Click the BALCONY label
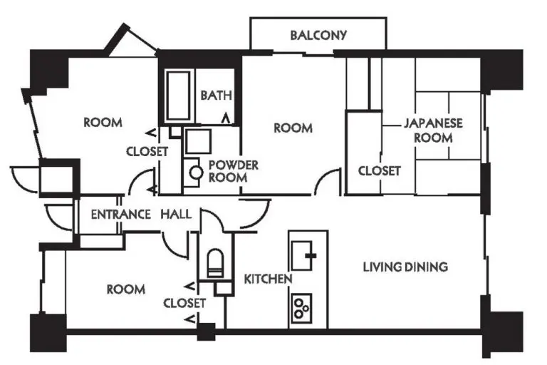click(318, 35)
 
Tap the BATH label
click(217, 95)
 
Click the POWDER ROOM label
click(234, 171)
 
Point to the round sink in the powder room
click(196, 173)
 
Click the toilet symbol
click(216, 263)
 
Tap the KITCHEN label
click(268, 279)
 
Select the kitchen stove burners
click(301, 308)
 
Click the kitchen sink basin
click(301, 256)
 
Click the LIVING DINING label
click(405, 267)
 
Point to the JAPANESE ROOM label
click(433, 130)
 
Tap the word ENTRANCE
click(120, 214)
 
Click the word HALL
click(176, 214)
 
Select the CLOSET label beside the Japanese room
click(379, 171)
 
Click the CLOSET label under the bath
click(147, 152)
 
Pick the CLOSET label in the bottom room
click(184, 303)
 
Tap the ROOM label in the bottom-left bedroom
click(126, 289)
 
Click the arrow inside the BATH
click(226, 118)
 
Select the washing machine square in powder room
click(198, 141)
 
